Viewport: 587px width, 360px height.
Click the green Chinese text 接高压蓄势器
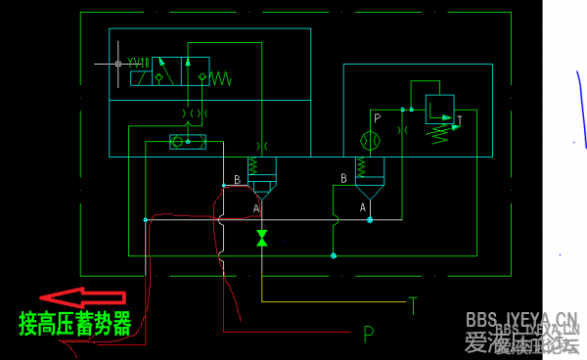coord(74,324)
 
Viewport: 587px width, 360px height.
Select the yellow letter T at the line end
coord(414,305)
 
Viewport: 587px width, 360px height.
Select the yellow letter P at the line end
coord(368,335)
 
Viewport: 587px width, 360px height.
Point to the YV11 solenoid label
coord(138,63)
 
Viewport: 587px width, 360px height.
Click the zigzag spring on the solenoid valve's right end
coord(219,76)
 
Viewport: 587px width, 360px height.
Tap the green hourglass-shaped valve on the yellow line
coord(261,238)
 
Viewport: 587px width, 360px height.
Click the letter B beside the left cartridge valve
coord(237,180)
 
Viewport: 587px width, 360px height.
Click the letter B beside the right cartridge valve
coord(343,178)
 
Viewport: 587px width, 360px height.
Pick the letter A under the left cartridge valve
coord(256,208)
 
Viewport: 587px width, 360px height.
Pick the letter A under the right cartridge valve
coord(362,207)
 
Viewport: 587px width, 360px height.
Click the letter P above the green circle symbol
coord(376,118)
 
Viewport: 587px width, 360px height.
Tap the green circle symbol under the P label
coord(370,140)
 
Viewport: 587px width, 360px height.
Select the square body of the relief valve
coord(439,108)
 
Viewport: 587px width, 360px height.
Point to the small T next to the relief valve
coord(459,121)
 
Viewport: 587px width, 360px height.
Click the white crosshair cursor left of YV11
coord(117,64)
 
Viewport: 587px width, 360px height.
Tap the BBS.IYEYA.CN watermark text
coord(520,320)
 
